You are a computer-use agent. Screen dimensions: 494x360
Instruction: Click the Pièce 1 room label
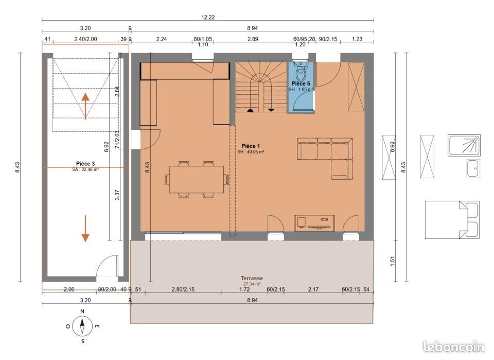pos(251,146)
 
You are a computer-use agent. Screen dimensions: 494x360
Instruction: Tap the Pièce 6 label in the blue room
pos(301,83)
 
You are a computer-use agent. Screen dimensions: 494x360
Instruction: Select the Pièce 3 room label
pos(85,164)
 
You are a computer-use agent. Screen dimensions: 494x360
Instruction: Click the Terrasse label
pos(252,278)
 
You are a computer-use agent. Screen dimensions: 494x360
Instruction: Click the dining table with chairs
pos(197,179)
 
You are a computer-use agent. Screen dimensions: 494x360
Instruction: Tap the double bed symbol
pos(452,220)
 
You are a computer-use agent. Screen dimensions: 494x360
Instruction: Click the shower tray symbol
pos(464,145)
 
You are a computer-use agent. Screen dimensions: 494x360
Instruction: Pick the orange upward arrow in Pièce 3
pos(85,106)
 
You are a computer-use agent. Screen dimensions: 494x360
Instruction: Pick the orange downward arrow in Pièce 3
pos(85,229)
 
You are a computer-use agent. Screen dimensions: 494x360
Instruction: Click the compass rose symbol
pos(82,327)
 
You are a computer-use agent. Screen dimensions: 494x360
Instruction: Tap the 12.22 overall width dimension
pos(208,18)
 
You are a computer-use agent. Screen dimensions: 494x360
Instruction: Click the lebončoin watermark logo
pos(454,347)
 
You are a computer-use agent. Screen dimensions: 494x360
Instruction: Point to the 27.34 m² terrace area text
pos(252,284)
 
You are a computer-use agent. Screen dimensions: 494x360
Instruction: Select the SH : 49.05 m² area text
pos(251,151)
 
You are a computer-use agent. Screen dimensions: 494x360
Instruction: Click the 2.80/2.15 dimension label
pos(183,289)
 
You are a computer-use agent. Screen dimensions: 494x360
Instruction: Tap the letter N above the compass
pos(82,312)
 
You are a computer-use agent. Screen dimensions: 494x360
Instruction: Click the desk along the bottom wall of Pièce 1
pos(314,223)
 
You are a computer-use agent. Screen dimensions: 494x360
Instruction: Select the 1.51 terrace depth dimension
pos(392,261)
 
